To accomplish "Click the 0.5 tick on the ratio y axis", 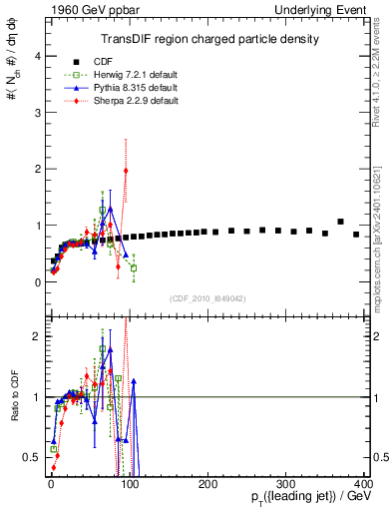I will coord(31,457).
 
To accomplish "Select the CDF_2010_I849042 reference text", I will coord(206,296).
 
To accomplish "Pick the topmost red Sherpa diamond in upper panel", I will coord(126,171).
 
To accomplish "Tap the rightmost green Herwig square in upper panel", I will coord(134,267).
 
